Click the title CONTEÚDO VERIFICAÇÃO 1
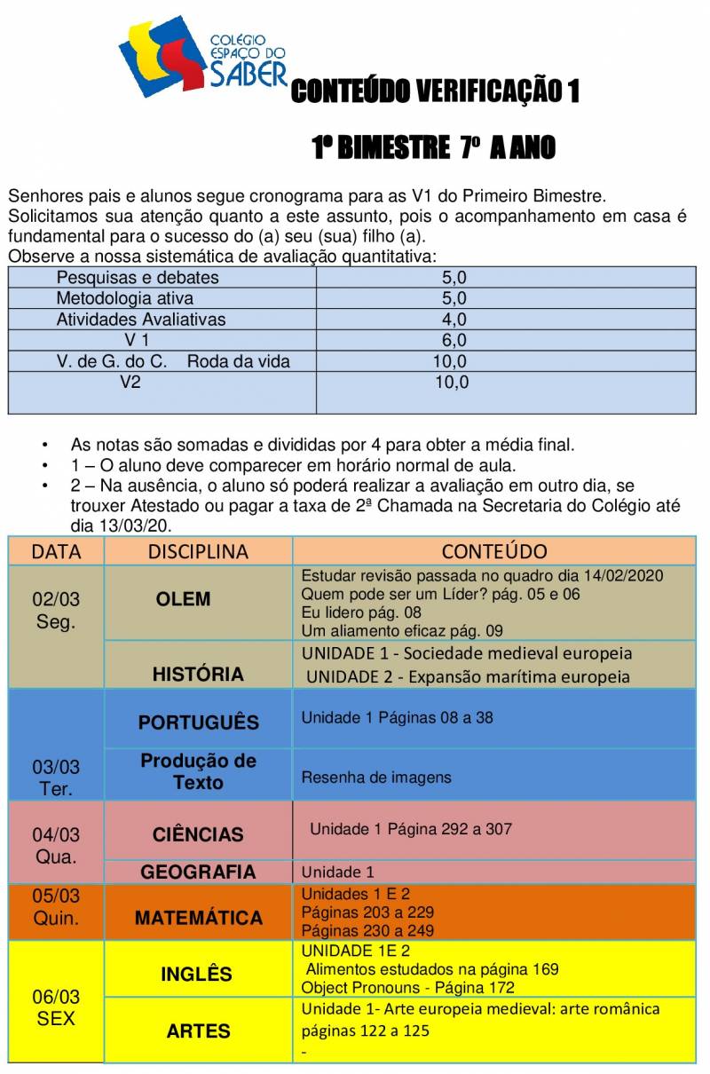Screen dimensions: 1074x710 (x=435, y=91)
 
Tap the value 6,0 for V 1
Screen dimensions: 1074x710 (x=454, y=341)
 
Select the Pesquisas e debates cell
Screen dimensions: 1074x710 (x=138, y=278)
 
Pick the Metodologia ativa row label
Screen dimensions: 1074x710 (x=125, y=299)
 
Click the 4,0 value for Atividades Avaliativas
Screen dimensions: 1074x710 (x=454, y=320)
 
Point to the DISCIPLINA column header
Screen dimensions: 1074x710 (x=198, y=551)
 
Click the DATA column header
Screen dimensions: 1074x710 (x=56, y=551)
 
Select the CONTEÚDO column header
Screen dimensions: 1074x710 (x=494, y=551)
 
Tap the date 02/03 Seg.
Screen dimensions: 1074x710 (x=56, y=611)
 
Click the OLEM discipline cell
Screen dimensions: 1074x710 (x=183, y=599)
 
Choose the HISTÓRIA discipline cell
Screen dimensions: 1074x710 (x=198, y=675)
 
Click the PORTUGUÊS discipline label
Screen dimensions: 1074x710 (x=198, y=723)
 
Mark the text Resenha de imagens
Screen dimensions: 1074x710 (x=376, y=778)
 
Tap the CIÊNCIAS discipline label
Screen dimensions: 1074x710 (x=198, y=834)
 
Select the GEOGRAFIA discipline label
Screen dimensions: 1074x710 (x=198, y=873)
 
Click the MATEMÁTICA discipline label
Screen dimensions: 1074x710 (x=198, y=918)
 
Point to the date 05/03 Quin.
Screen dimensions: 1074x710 (x=56, y=907)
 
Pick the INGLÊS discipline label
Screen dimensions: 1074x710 (x=196, y=975)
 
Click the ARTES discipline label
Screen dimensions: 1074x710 (x=198, y=1031)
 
